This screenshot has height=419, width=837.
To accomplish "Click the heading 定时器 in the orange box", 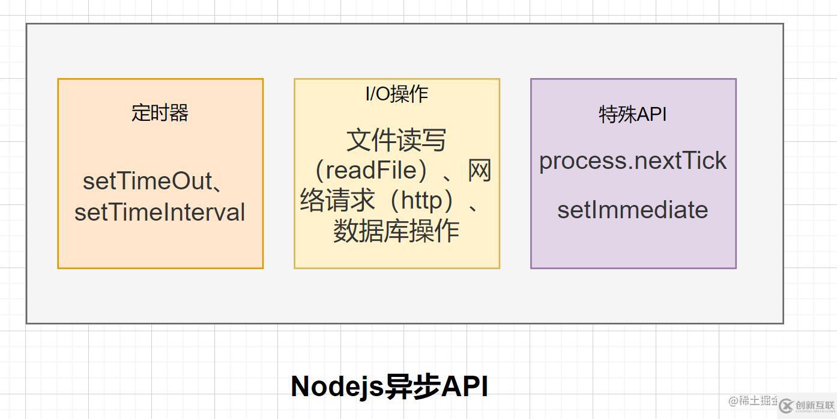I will pos(160,113).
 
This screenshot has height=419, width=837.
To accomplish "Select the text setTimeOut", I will pos(148,181).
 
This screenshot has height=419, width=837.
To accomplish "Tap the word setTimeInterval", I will pos(160,212).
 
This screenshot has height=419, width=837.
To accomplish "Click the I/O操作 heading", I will pos(397,94).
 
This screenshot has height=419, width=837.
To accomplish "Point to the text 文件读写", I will pos(396,140).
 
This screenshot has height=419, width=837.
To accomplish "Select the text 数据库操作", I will pos(396,231).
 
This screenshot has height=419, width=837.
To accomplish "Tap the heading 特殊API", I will pos(633,114).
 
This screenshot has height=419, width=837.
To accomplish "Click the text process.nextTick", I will pos(633,161).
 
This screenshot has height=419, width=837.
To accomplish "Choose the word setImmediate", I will pos(633,210).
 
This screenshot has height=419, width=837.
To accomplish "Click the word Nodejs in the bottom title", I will pos(337,387).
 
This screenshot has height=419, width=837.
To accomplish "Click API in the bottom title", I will pos(465,387).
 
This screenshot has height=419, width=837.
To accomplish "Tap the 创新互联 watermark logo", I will pos(808,406).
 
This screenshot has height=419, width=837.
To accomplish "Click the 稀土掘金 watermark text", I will pos(753,400).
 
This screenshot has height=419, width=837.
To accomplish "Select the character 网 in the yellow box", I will pos(480,170).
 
